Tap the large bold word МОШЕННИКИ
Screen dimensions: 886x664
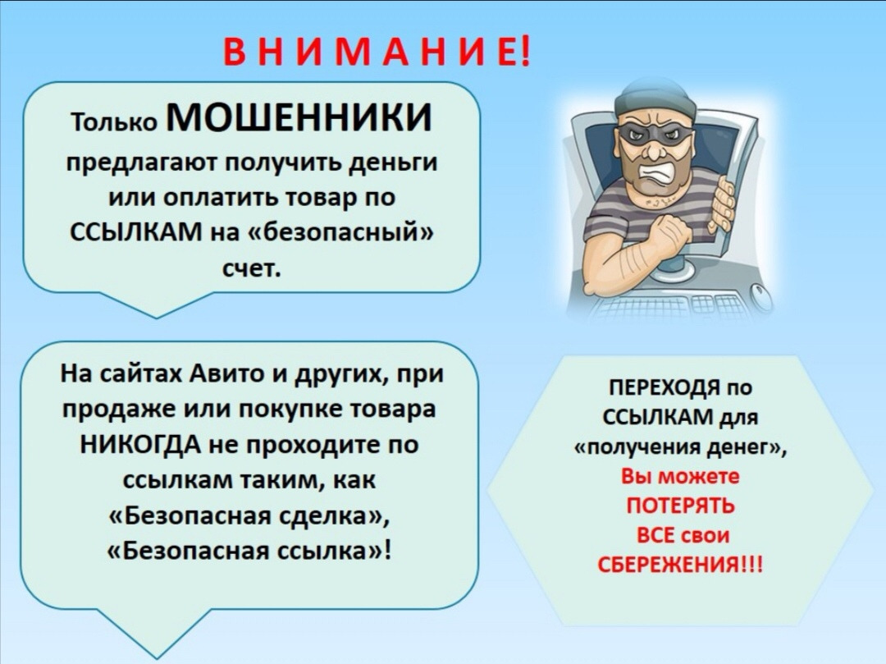(299, 117)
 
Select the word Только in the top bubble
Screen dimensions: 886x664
(115, 121)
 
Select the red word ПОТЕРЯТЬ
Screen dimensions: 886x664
(680, 505)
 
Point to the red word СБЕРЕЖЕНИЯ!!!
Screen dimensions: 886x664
(680, 564)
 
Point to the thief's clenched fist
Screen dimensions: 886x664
(671, 233)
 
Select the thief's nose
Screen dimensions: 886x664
(651, 149)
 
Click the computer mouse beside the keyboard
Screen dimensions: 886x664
(760, 296)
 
